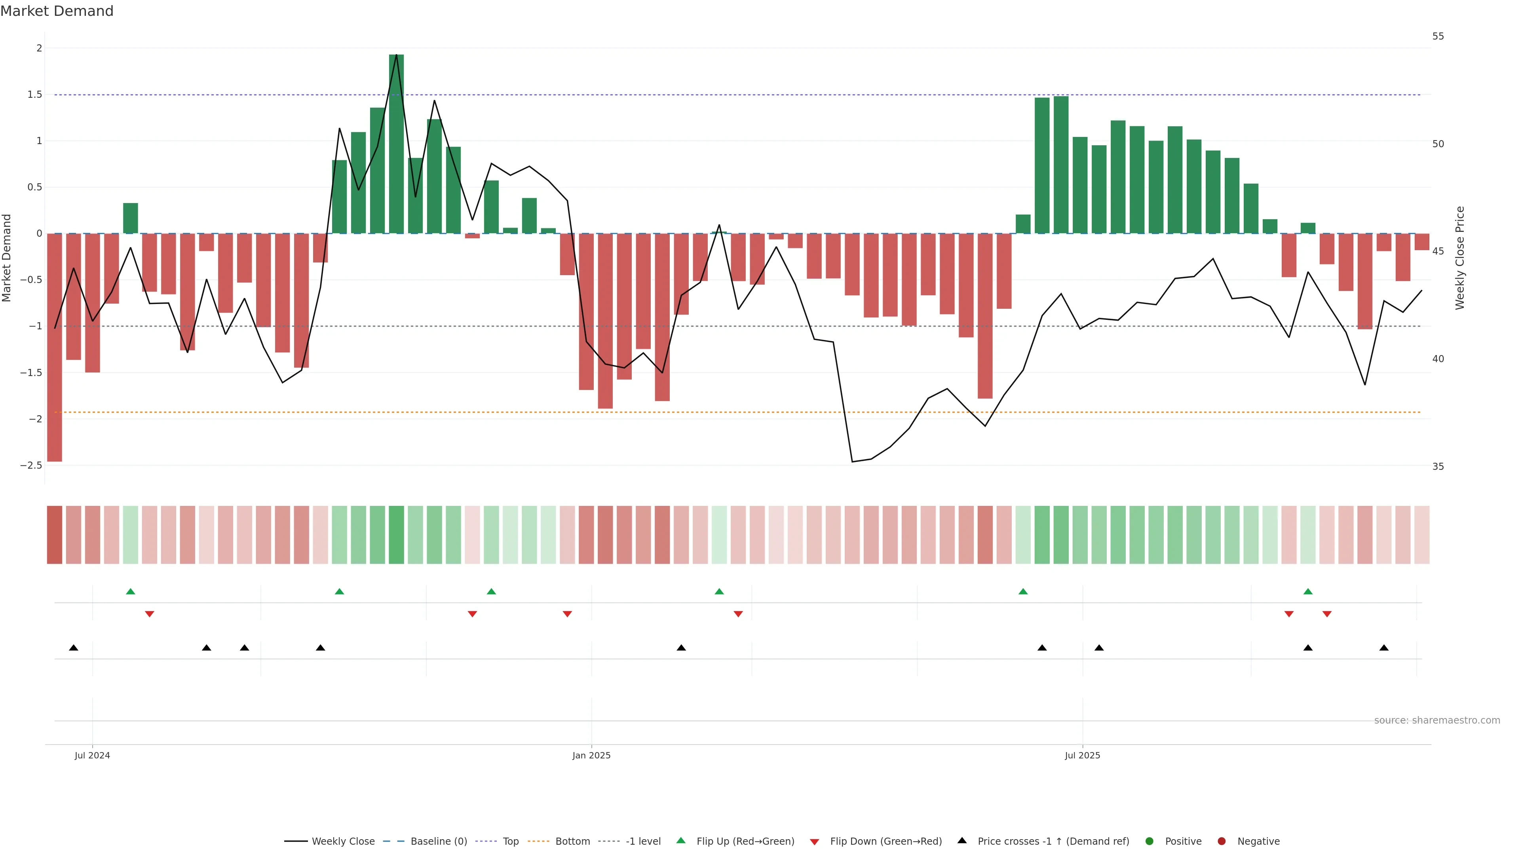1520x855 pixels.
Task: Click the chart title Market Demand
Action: coord(57,11)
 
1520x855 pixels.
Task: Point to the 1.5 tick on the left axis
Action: coord(35,95)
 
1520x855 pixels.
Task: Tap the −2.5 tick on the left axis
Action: coord(31,465)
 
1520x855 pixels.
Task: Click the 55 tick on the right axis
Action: coord(1438,36)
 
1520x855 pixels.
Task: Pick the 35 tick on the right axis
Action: coord(1438,467)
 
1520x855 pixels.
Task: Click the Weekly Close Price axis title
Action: coord(1460,258)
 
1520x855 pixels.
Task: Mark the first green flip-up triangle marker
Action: coord(130,591)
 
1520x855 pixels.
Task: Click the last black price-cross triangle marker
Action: coord(1384,648)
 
